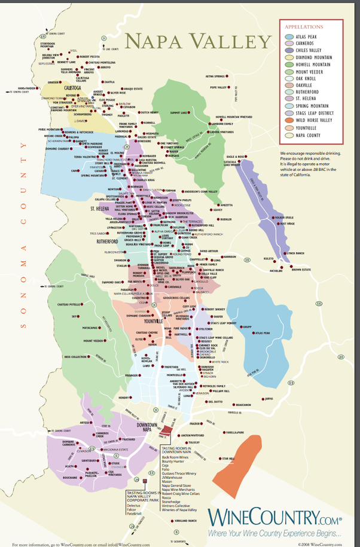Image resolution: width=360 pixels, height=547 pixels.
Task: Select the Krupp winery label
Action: coord(265,328)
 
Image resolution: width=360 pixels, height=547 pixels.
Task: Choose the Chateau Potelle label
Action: coord(69,305)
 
